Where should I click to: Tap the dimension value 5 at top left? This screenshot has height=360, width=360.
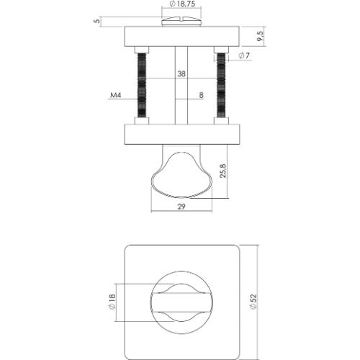pos(96,21)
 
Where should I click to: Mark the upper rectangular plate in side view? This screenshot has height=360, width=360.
pos(182,37)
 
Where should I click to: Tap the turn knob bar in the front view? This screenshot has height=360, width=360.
pos(182,302)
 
